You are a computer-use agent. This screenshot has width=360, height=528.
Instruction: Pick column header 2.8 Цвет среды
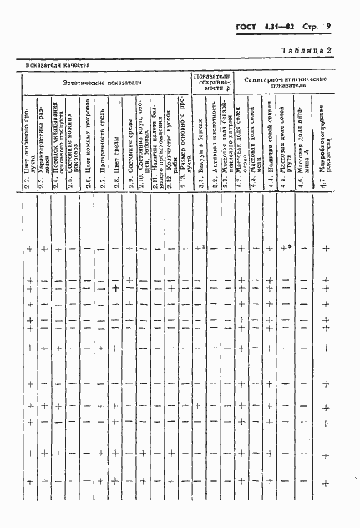point(117,163)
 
